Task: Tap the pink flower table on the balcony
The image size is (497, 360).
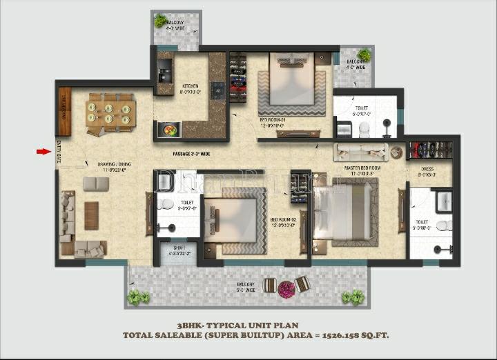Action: point(286,288)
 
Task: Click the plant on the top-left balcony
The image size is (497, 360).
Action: point(161,21)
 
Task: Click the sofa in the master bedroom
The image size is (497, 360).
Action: point(360,152)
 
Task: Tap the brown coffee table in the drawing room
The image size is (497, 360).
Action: point(91,215)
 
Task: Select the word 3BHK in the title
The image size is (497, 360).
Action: point(191,324)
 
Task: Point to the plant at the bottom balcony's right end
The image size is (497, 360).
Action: point(355,297)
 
